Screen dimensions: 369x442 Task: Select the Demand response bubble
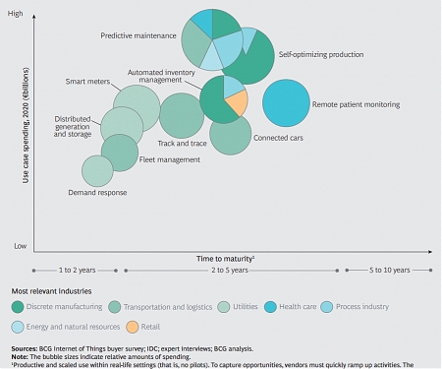tap(97, 171)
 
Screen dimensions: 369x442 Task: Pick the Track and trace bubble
tap(181, 115)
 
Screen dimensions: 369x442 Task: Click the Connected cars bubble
tap(231, 134)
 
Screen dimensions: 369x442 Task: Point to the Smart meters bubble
tap(137, 105)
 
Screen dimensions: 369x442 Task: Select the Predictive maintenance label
tap(138, 35)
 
